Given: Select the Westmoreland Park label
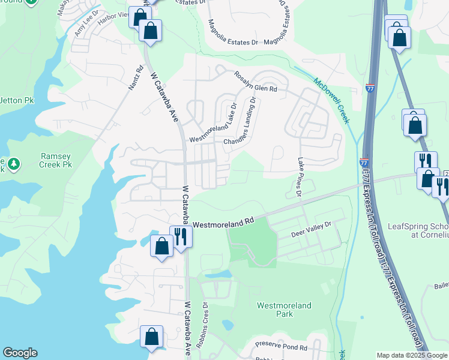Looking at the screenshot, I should tap(284, 310).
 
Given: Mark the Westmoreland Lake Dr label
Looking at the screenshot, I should tap(213, 121).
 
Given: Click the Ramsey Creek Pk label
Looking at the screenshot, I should tap(56, 160).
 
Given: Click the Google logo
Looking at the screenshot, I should tap(20, 353).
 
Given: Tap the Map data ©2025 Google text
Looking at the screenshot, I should tap(411, 355).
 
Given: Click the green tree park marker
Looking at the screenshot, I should tap(13, 163).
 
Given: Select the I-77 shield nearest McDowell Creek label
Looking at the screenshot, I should tap(370, 88).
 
